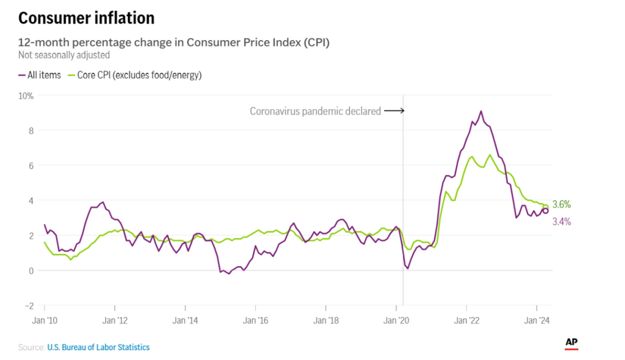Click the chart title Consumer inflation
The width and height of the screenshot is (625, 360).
click(86, 19)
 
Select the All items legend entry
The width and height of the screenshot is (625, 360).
click(39, 75)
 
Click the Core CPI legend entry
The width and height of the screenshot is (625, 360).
click(135, 75)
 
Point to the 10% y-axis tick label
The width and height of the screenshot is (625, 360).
click(27, 95)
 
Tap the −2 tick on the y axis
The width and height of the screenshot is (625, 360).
click(30, 306)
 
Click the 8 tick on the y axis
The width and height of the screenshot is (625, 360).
click(31, 131)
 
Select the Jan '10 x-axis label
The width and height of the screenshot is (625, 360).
click(45, 319)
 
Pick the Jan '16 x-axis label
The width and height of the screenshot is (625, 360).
click(255, 319)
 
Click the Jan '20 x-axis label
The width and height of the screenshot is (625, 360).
click(396, 319)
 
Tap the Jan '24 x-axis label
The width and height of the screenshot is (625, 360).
click(537, 319)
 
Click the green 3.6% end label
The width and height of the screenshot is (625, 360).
click(561, 204)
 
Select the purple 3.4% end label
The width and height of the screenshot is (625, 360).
click(561, 221)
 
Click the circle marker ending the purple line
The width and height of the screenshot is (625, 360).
click(545, 211)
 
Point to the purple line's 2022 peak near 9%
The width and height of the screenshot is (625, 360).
click(481, 111)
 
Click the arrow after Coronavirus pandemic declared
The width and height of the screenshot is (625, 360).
click(394, 111)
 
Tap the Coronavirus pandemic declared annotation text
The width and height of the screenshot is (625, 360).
click(315, 111)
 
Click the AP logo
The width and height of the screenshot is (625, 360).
click(571, 343)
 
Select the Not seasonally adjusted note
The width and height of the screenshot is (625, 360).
click(64, 55)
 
